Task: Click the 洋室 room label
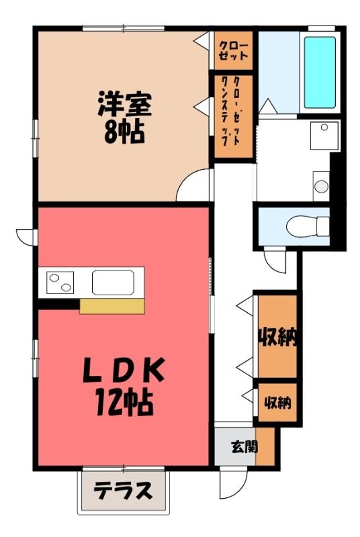pos(125,104)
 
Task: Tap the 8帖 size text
pos(124,132)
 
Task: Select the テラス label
pos(123,491)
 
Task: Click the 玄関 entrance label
pos(244,446)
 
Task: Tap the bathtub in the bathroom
pos(320,72)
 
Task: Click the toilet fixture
pos(308,226)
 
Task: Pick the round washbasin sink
pos(321,187)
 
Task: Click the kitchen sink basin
pos(113,283)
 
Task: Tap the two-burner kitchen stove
pos(60,283)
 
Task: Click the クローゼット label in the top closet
pos(233,51)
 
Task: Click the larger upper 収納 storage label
pos(277,337)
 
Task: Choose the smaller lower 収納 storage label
pos(277,402)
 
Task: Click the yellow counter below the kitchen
pos(112,306)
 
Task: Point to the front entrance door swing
pos(233,483)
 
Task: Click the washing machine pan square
pos(324,136)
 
